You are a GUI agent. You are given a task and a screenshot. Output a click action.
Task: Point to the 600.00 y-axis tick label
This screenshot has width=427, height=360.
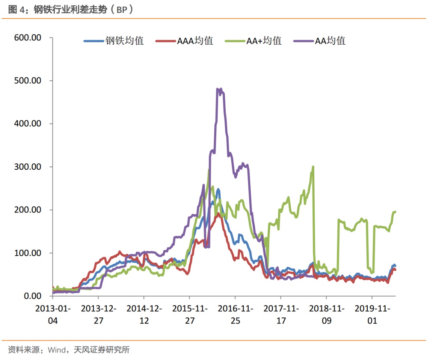pyautogui.click(x=28, y=38)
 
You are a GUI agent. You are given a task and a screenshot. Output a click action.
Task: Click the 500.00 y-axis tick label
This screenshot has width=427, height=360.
pyautogui.click(x=28, y=81)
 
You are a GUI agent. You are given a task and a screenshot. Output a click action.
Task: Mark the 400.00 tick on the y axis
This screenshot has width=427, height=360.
pyautogui.click(x=28, y=124)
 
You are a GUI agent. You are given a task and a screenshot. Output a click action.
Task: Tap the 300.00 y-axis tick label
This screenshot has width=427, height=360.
pyautogui.click(x=28, y=167)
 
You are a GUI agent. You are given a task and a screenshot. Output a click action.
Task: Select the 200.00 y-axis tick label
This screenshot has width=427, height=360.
pyautogui.click(x=28, y=210)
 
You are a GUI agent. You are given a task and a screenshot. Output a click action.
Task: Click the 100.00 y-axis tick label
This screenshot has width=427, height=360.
pyautogui.click(x=28, y=253)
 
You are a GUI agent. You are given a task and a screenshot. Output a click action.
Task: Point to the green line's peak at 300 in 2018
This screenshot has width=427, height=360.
pyautogui.click(x=313, y=167)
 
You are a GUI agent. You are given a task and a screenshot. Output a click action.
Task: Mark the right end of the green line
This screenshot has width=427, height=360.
pyautogui.click(x=395, y=212)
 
